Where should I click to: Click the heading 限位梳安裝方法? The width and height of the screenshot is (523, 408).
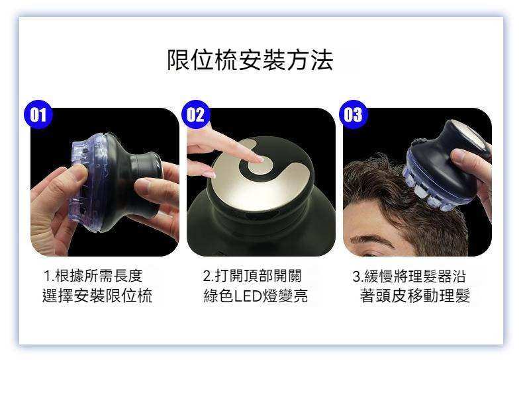250,60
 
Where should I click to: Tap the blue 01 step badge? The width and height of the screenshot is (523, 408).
38,114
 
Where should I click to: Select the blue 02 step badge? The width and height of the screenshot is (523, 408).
195,114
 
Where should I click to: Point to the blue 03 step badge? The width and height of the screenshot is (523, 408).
353,114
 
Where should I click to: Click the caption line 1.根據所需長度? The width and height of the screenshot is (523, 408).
93,276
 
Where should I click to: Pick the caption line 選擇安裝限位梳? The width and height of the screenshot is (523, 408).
97,296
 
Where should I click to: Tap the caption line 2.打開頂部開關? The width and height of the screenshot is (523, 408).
252,276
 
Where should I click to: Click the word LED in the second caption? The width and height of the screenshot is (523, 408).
248,296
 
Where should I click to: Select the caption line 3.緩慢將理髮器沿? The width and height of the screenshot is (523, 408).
409,276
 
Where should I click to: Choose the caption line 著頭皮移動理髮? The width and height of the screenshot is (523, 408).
415,296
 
